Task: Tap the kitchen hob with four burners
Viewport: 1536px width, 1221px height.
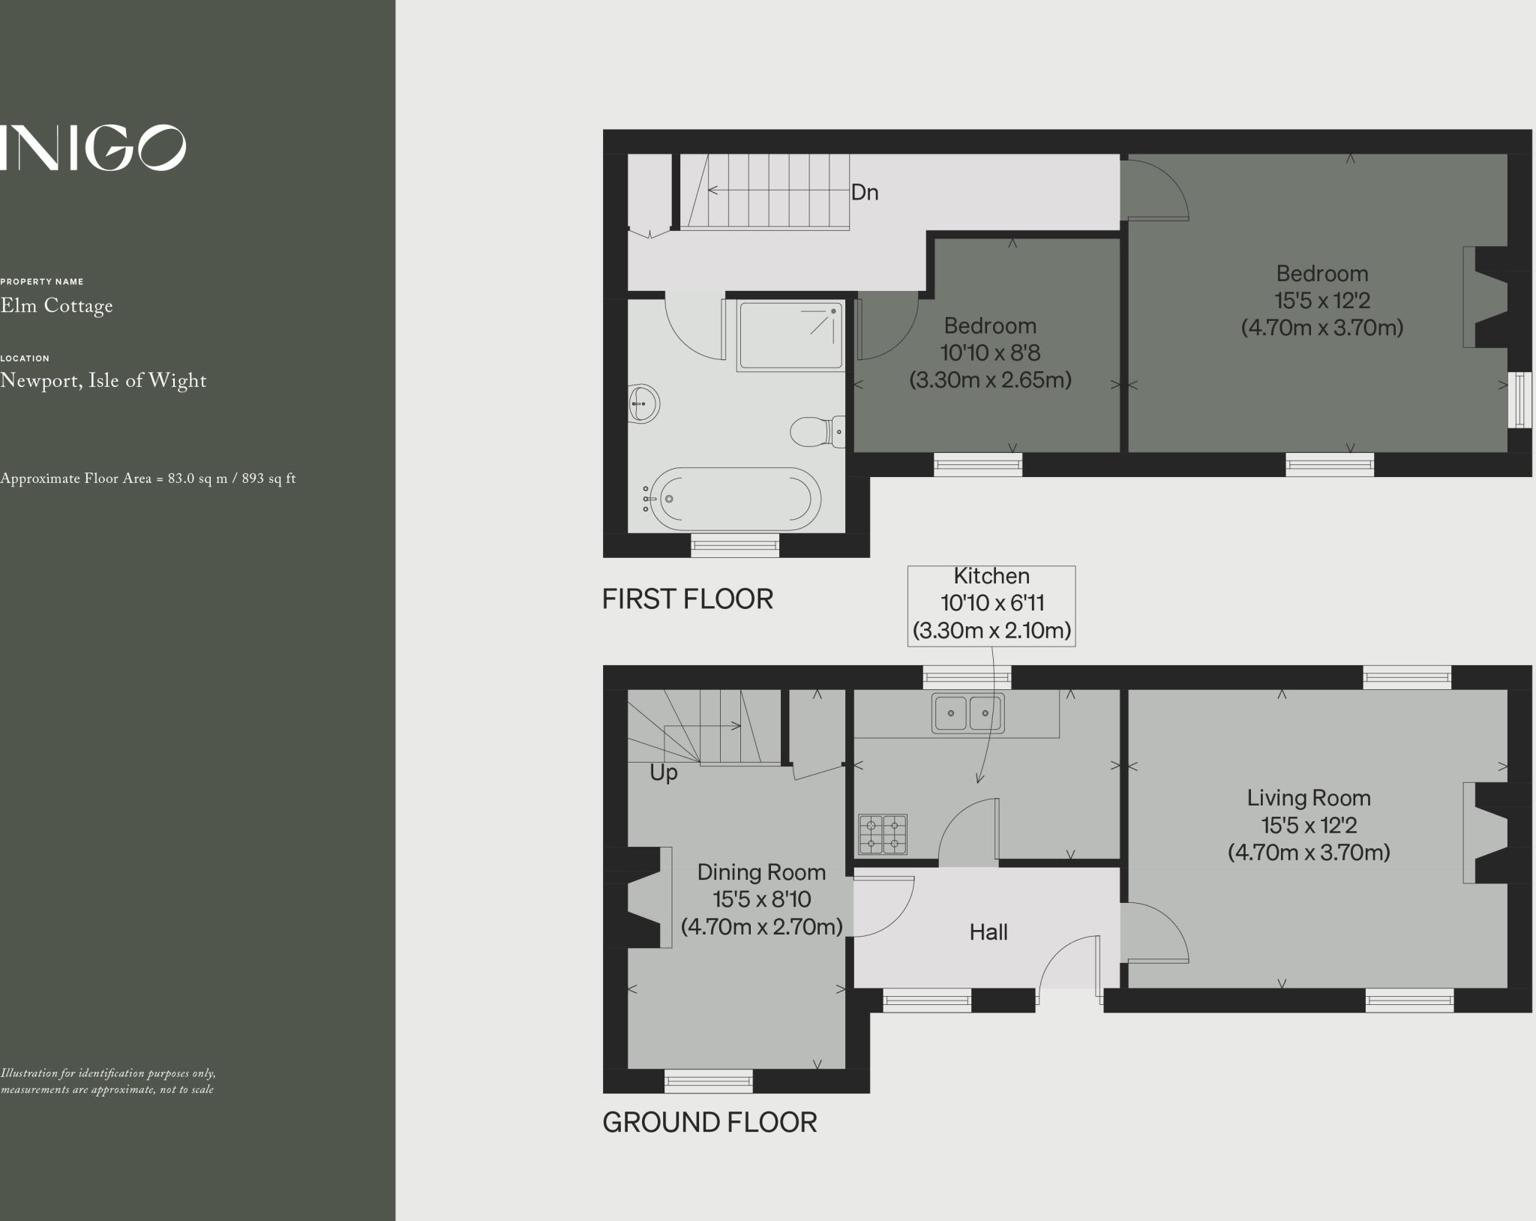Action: (883, 834)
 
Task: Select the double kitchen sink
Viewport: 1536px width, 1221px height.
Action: (967, 712)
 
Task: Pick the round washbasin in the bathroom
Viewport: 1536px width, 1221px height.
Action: (643, 403)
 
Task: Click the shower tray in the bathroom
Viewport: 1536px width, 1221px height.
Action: (790, 335)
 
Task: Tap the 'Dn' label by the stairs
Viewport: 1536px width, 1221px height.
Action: (864, 193)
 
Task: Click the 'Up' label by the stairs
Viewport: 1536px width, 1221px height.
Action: (663, 772)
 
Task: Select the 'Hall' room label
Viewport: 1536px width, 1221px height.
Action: (988, 932)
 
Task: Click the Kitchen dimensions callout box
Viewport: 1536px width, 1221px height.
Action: (991, 604)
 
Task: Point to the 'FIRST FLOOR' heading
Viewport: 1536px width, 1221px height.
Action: (687, 599)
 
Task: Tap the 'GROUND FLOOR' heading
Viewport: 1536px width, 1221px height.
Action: (709, 1123)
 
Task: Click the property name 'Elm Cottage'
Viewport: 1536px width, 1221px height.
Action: (57, 306)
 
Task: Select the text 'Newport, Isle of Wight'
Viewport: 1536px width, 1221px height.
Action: (103, 381)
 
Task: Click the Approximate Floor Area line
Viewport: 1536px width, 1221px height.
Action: (148, 478)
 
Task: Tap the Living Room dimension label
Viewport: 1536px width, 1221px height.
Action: (1309, 825)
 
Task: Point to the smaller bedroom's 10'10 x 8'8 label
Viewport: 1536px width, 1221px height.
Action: (990, 352)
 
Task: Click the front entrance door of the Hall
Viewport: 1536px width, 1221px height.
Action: (1069, 967)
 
